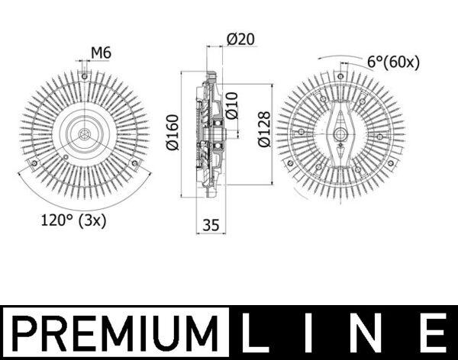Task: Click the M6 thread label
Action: pos(101,53)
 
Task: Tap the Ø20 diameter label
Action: pos(240,39)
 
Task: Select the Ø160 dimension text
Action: pos(173,133)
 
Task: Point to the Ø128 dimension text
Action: pos(264,129)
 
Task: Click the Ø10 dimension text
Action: pos(232,106)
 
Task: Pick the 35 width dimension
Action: pos(211,225)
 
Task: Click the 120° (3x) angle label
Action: pos(73,220)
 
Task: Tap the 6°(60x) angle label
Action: pos(393,63)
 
